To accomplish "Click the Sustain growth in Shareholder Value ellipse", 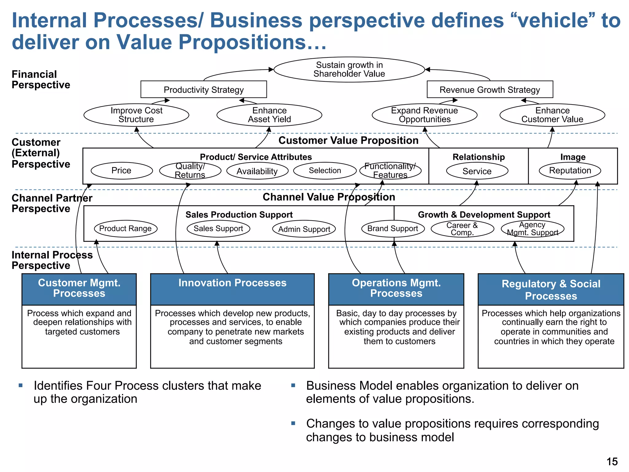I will point(349,69).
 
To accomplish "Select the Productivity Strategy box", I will point(203,89).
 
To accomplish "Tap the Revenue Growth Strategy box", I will point(490,89).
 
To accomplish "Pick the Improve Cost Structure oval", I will point(136,115).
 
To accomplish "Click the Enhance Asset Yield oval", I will point(269,115).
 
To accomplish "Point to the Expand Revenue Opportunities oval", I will point(424,115).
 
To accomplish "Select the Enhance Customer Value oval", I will point(552,115).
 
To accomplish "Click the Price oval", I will point(122,171).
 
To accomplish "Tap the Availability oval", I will point(257,171).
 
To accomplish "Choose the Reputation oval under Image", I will point(570,171).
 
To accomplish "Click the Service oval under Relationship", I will point(477,171).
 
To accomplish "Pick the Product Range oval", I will point(125,229).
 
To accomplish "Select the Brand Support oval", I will point(393,229).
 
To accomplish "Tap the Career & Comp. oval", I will point(462,229).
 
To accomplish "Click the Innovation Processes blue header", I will point(232,289).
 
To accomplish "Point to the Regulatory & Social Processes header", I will point(551,289).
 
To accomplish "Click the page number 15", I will point(612,462).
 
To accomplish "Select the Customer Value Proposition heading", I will point(348,140).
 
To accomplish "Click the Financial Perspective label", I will point(41,80).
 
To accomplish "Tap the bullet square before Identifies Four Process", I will point(21,385).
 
